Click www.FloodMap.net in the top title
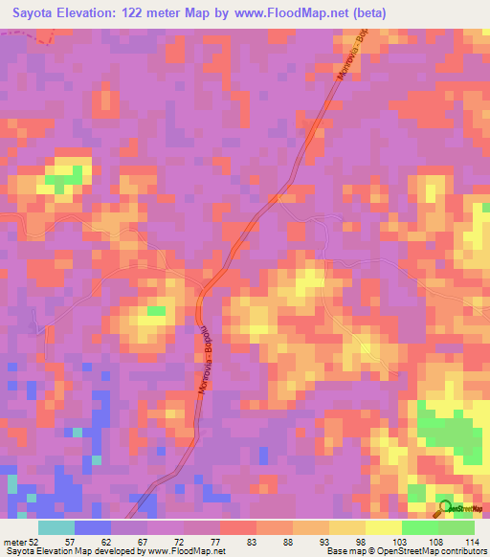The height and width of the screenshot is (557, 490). tap(299, 12)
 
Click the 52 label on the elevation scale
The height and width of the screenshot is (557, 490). tap(33, 543)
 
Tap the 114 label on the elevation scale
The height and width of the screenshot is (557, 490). tap(471, 543)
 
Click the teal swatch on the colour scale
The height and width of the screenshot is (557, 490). tap(56, 527)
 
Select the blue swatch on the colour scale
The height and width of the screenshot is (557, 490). tap(93, 527)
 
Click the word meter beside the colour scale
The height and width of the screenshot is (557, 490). tap(14, 543)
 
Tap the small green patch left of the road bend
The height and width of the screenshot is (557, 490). tap(155, 310)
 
